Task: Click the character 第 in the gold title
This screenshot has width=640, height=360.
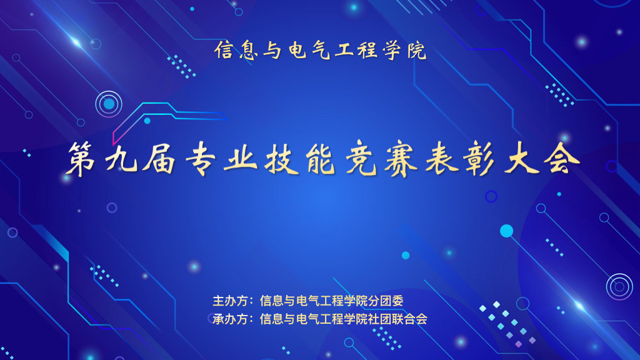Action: [x=82, y=159]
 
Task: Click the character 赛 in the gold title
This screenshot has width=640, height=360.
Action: [x=402, y=159]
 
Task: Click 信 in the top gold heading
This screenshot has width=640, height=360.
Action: [x=224, y=50]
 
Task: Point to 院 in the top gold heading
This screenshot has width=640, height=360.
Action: [x=417, y=50]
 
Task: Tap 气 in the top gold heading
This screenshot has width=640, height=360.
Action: [x=321, y=50]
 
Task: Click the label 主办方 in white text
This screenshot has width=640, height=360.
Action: [x=230, y=301]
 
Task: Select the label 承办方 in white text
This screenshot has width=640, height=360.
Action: [x=230, y=319]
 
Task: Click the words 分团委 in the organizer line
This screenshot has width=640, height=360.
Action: [x=386, y=301]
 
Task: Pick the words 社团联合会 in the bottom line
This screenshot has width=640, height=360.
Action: [x=397, y=319]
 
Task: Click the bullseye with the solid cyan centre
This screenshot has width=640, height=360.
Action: [x=109, y=104]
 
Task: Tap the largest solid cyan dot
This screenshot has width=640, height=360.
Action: [x=506, y=231]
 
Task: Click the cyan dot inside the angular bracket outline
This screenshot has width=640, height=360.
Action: [x=147, y=121]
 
